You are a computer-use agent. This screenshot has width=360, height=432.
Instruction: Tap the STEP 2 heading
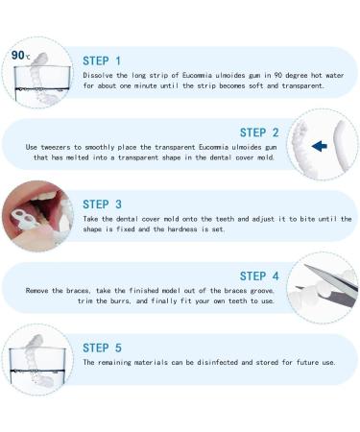pyautogui.click(x=259, y=132)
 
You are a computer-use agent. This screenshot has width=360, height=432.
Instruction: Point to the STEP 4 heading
pyautogui.click(x=259, y=276)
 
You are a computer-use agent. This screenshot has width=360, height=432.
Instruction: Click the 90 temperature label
pyautogui.click(x=18, y=55)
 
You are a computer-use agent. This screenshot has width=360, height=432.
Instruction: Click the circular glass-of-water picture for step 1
pyautogui.click(x=37, y=74)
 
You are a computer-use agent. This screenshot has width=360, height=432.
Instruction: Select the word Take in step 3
pyautogui.click(x=92, y=219)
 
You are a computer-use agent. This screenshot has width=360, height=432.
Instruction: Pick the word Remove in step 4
pyautogui.click(x=41, y=291)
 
